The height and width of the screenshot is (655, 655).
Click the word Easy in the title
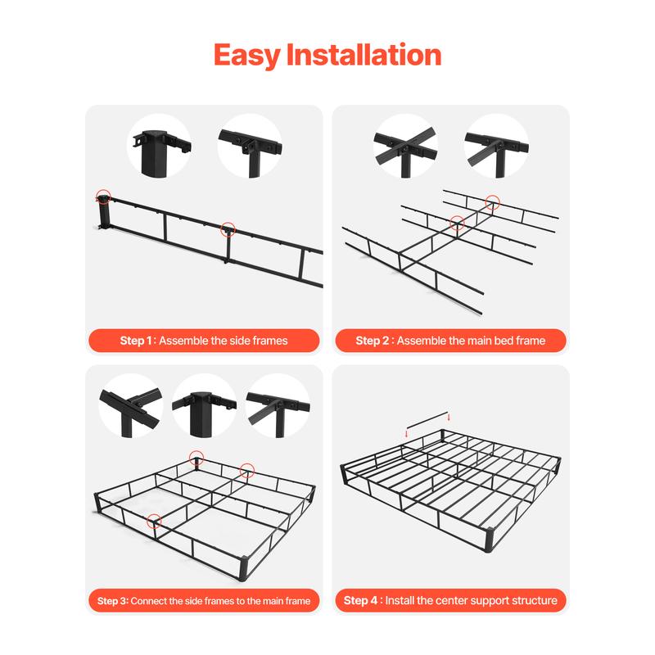(246, 56)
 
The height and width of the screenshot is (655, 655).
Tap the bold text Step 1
(137, 341)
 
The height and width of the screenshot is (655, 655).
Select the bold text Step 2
(374, 341)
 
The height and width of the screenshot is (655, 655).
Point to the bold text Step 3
(112, 601)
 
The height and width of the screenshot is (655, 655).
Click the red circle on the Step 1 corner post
(103, 196)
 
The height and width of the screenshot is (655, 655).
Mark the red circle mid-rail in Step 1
(228, 230)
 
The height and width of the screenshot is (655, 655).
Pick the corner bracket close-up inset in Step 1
(160, 145)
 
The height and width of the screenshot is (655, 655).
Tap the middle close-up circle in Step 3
(204, 404)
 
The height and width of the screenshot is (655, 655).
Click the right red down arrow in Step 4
(449, 416)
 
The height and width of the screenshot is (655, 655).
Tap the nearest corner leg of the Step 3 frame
(250, 564)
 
